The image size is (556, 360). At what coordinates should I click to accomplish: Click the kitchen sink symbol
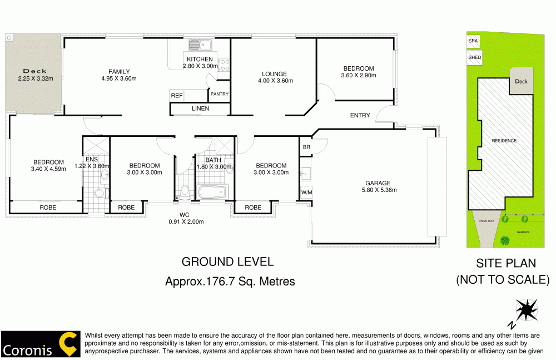(197, 44)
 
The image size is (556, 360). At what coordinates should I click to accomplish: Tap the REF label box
(177, 96)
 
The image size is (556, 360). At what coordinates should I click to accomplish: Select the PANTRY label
(219, 94)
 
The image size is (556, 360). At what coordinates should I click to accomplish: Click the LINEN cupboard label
(200, 109)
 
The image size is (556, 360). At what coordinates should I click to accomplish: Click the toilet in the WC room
(185, 193)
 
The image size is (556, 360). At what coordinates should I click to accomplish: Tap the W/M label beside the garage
(306, 193)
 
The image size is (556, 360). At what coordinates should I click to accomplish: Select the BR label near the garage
(306, 147)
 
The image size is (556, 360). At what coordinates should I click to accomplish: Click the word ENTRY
(360, 116)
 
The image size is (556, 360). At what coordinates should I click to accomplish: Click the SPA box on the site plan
(473, 41)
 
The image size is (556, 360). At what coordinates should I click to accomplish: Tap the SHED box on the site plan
(474, 57)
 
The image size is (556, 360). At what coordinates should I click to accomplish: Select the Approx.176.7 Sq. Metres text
(230, 282)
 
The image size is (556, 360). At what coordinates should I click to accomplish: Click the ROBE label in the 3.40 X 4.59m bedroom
(47, 208)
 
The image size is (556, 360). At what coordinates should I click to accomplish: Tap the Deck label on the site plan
(521, 81)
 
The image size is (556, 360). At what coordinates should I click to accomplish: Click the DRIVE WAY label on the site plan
(487, 221)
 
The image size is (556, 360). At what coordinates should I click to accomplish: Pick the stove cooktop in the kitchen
(224, 65)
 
